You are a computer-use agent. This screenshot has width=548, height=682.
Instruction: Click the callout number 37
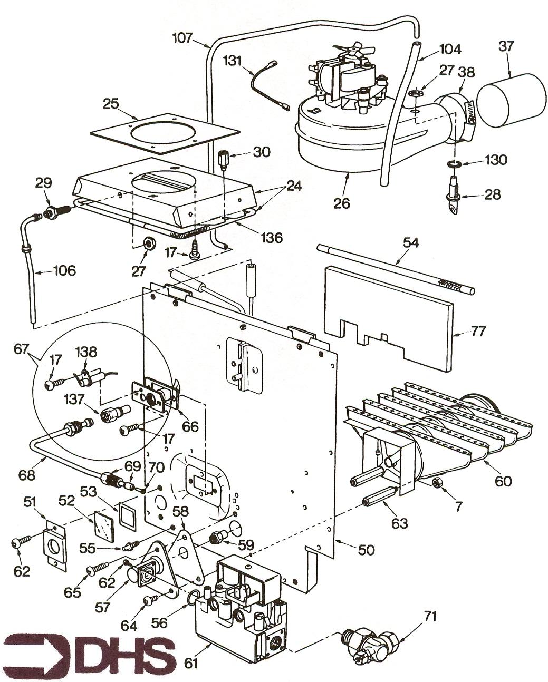click(x=506, y=47)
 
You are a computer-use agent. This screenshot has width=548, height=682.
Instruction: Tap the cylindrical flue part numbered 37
click(x=511, y=100)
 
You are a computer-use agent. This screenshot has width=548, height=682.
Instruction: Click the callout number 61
click(x=191, y=662)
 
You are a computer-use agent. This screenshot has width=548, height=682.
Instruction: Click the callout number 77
click(x=478, y=333)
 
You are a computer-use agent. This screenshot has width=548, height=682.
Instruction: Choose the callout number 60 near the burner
click(x=503, y=481)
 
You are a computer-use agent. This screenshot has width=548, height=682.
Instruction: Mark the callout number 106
click(x=64, y=271)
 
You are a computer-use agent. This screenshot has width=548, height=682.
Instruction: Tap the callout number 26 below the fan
click(x=342, y=202)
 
